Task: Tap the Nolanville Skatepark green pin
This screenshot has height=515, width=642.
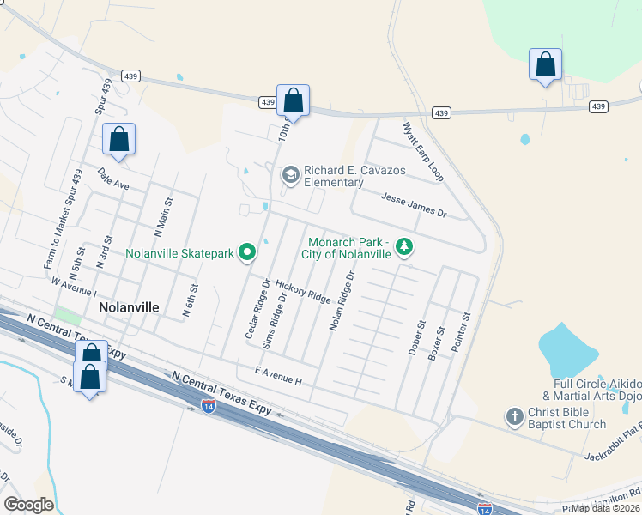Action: point(247,252)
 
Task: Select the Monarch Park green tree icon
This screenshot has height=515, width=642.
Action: point(404,248)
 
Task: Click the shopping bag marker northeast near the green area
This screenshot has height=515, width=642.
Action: point(545,64)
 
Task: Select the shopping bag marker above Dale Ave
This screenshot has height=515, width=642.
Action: point(119,140)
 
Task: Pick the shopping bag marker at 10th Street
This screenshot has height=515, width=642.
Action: point(293,100)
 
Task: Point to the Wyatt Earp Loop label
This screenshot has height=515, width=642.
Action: point(422,151)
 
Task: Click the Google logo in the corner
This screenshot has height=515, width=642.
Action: point(27,504)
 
